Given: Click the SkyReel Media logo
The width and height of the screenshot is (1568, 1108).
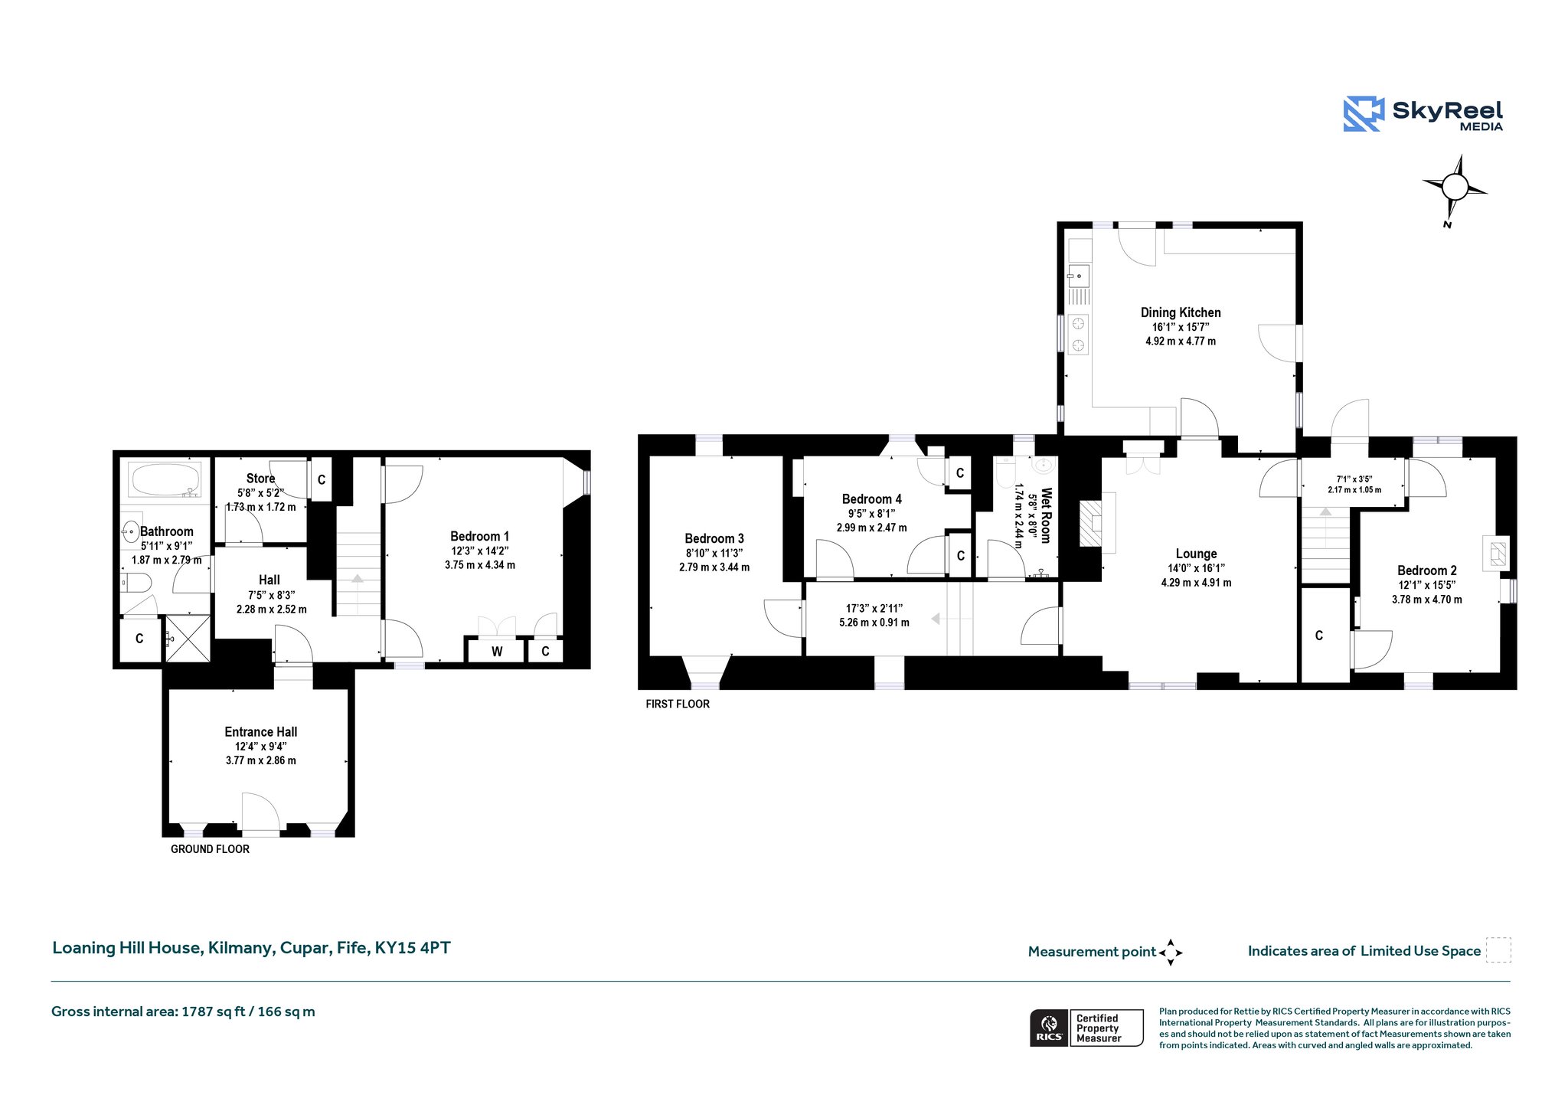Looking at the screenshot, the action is click(x=1423, y=114).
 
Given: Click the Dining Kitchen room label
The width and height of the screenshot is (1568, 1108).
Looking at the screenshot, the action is click(x=1181, y=312).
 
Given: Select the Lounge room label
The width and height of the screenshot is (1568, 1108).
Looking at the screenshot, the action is click(x=1196, y=554).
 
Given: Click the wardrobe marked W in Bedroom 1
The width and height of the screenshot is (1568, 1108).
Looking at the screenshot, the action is click(x=497, y=651).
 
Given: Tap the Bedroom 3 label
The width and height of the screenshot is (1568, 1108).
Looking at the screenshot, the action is click(x=714, y=538).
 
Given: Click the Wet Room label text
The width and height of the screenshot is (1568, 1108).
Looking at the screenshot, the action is click(x=1046, y=515).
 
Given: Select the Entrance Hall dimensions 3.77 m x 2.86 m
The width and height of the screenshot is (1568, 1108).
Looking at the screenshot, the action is click(x=260, y=760).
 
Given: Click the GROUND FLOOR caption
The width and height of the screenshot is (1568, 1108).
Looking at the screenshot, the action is click(x=210, y=849).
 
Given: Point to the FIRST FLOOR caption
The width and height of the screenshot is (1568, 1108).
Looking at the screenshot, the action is click(x=678, y=704).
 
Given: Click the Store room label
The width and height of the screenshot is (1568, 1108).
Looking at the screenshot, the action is click(x=260, y=479).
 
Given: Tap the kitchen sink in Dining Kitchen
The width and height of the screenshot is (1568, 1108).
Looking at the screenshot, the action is click(x=1079, y=276).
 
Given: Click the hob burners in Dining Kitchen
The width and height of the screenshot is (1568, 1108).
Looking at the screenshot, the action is click(x=1079, y=334).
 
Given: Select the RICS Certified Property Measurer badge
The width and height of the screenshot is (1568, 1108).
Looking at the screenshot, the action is click(x=1086, y=1028).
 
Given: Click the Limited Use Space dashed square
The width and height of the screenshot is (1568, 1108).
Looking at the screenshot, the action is click(x=1498, y=950).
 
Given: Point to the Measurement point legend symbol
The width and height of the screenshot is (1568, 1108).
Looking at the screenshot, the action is click(x=1171, y=953).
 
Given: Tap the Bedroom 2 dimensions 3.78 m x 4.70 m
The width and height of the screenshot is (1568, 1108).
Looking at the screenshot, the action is click(x=1426, y=600).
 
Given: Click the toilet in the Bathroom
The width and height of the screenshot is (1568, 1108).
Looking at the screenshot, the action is click(x=136, y=584).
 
